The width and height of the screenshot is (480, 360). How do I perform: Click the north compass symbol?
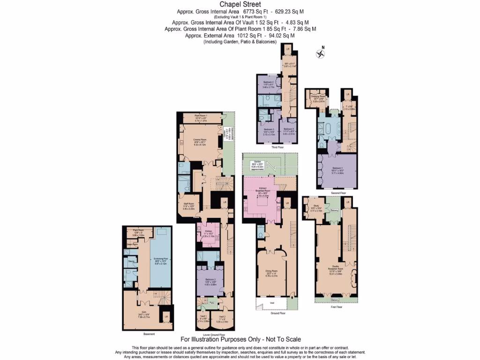pos(321,52)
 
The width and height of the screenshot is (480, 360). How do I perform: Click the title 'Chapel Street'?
pos(240,5)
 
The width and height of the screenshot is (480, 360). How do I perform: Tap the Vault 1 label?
pos(202,318)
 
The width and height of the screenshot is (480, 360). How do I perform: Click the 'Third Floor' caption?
pos(277,147)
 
